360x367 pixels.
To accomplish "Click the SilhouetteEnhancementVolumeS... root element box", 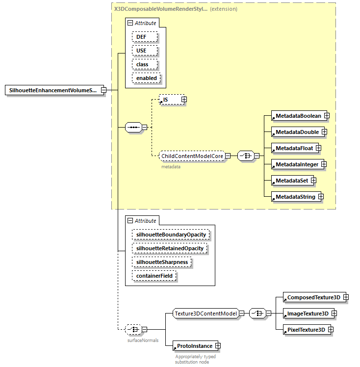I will pos(52,90).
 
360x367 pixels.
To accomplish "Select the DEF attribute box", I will pos(144,37).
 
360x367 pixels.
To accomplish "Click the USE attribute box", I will pos(144,51).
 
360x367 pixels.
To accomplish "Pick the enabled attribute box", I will pos(146,78).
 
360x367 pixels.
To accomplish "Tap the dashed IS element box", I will pos(169,100).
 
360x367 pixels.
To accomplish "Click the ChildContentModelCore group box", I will pos(192,156).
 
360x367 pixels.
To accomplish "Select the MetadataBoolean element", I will pos(297,116).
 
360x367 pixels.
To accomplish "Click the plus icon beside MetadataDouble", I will pos(324,132).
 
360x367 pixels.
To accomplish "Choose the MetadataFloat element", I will pos(293,148).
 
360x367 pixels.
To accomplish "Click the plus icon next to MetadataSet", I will pos(313,181).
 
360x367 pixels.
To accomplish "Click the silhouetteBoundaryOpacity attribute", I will pos(171,235).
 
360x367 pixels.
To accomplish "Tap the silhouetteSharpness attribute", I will pos(162,262).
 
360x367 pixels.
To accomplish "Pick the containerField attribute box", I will pos(154,276).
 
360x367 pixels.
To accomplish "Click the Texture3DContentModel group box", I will pos(206,314).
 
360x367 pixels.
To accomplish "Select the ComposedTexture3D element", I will pos(312,297).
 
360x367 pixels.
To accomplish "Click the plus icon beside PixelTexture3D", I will pos(331,330).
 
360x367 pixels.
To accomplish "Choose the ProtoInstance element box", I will pos(190,346).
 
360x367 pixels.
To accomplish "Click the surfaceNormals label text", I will pos(143,340).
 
